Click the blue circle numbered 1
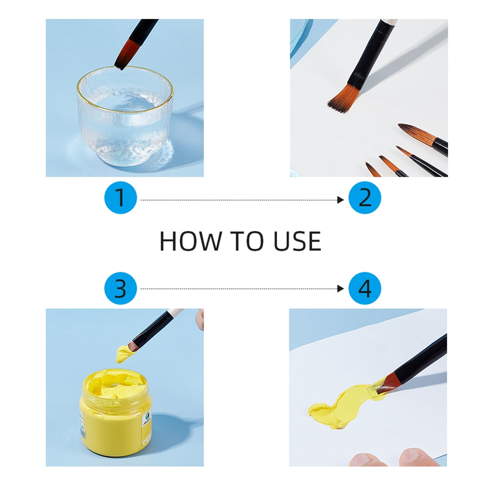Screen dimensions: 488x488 121,198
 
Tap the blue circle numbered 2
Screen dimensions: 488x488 365,198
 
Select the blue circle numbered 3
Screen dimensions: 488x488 121,288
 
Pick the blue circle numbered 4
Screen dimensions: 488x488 365,288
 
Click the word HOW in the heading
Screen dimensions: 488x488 190,241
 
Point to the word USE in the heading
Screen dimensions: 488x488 297,241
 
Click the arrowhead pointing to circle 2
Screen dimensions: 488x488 341,200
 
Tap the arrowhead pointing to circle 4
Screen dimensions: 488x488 341,289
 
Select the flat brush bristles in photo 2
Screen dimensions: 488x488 344,99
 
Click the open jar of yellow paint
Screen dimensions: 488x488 116,412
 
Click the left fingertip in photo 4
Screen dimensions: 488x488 367,460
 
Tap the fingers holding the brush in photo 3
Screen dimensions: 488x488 200,319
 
